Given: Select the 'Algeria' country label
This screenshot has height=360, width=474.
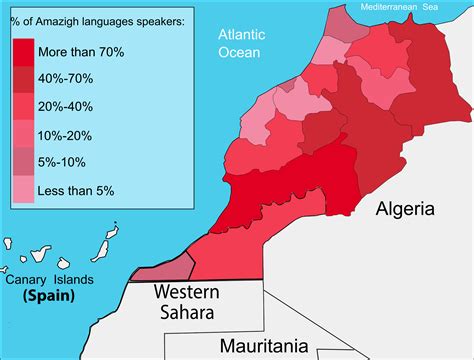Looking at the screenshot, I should pos(405,209).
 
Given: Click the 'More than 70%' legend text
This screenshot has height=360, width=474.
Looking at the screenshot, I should pos(81,50).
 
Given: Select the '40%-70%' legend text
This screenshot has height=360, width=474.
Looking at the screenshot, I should pos(66,78).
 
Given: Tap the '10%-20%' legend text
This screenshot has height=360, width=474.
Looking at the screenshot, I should pos(66,134).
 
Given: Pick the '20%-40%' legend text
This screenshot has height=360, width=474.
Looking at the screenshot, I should pos(66,106).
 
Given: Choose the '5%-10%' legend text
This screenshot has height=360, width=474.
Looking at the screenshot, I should pos(63,162).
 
